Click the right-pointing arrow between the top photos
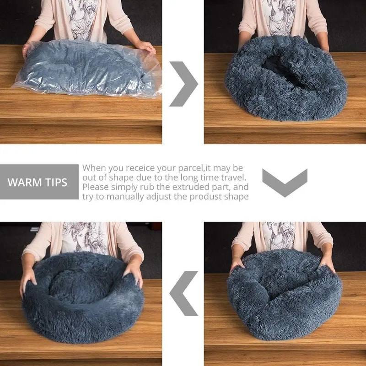point(184,84)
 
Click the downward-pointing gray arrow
point(284,182)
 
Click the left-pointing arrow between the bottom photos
point(183,293)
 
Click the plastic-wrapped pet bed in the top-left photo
point(87,71)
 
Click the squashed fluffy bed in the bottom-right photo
point(284,293)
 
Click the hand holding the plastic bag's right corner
point(146,46)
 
